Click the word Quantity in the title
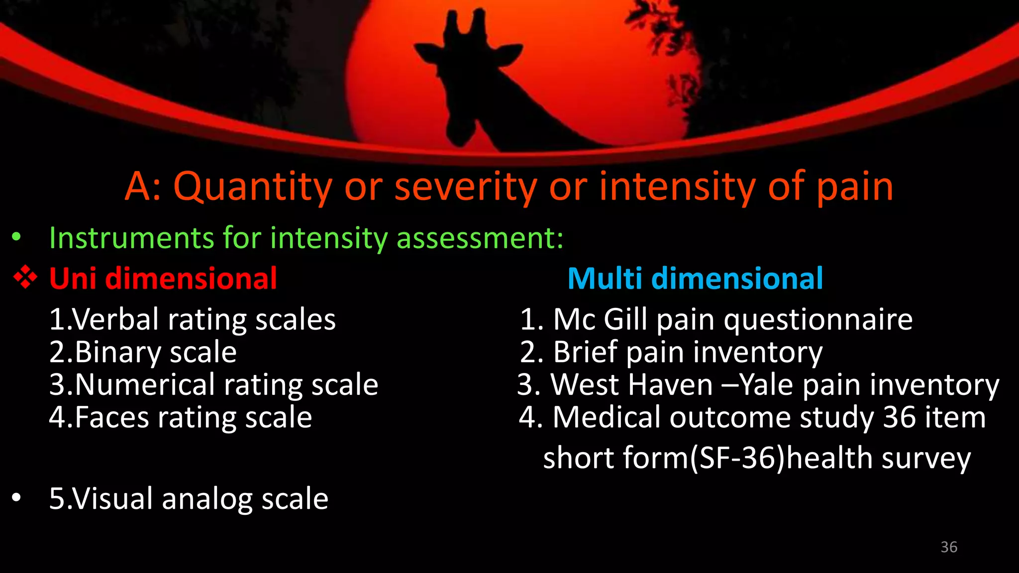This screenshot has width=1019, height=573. pyautogui.click(x=252, y=187)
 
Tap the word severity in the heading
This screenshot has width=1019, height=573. pyautogui.click(x=466, y=187)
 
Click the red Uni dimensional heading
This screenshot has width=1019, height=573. pyautogui.click(x=163, y=278)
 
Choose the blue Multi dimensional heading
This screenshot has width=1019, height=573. pyautogui.click(x=695, y=278)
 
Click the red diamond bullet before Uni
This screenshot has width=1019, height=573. pyautogui.click(x=25, y=277)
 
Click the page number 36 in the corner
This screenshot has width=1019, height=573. pyautogui.click(x=949, y=547)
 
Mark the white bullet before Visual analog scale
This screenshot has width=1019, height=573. pyautogui.click(x=17, y=497)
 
